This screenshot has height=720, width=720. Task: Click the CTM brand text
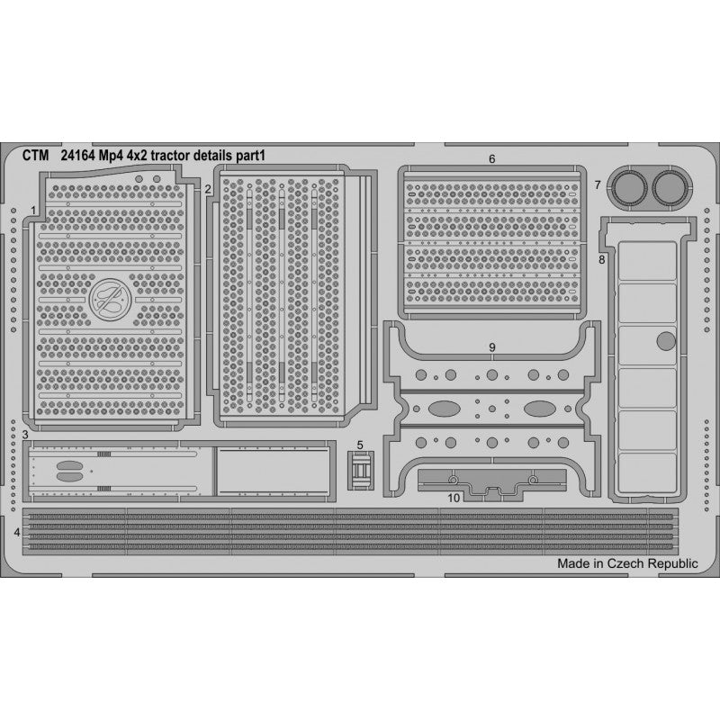tap(35, 156)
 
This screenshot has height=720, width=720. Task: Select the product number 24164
tap(77, 156)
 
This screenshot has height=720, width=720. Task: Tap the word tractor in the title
tap(170, 156)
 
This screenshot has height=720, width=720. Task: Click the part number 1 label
tap(33, 211)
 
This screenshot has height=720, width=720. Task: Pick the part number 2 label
tap(208, 189)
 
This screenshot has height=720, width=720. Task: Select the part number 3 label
tap(25, 435)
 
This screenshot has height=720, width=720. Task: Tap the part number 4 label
tap(17, 533)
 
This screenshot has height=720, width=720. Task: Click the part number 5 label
tap(360, 445)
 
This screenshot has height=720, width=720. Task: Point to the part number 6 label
tap(491, 159)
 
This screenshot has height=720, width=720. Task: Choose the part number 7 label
tap(598, 184)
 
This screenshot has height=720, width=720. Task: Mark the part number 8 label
tap(601, 260)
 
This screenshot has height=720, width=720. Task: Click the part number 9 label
tap(492, 347)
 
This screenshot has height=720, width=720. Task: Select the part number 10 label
tap(454, 499)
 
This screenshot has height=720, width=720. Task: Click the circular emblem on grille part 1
tap(110, 300)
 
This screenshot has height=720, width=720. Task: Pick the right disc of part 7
tap(670, 188)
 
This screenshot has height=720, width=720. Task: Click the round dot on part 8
tap(666, 341)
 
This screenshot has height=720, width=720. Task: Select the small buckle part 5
tap(361, 470)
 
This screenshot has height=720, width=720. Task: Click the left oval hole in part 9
tap(445, 409)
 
